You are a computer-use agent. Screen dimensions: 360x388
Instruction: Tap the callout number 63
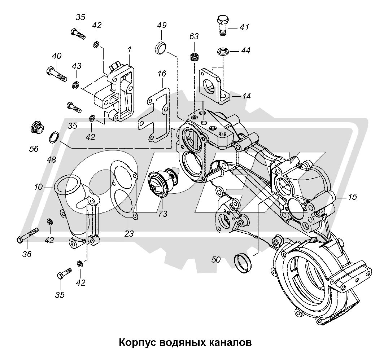[194, 37]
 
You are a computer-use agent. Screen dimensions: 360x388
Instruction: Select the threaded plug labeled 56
[36, 127]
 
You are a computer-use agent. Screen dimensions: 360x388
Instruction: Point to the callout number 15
[352, 197]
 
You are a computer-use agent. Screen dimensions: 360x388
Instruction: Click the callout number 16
[162, 74]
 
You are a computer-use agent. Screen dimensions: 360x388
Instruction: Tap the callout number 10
[39, 187]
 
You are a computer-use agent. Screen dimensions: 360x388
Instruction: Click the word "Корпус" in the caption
[136, 342]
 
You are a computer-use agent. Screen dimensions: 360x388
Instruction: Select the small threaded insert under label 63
[195, 57]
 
